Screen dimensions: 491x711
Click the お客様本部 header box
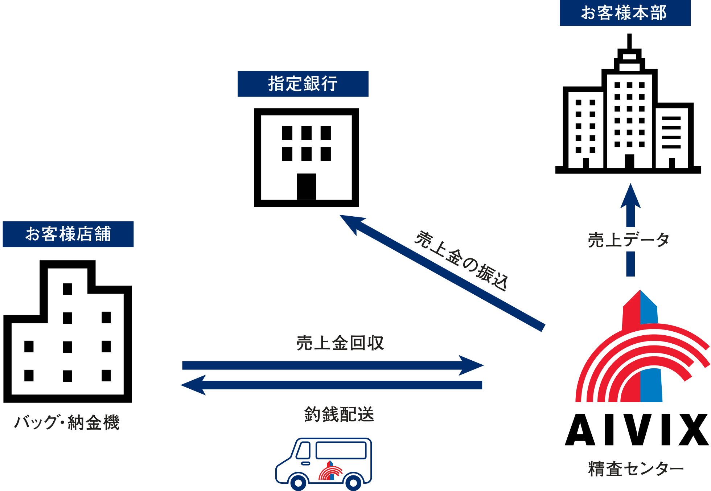pos(625,13)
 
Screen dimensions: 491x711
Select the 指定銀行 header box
pos(303,84)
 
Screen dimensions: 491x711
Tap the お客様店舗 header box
pos(68,234)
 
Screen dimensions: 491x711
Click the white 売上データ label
pos(629,240)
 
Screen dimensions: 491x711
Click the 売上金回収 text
pos(340,343)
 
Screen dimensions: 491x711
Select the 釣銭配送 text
pos(339,414)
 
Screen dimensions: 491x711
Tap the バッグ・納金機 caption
pos(67,422)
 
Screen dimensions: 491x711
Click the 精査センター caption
pos(636,469)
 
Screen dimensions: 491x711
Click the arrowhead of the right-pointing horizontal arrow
pos(472,365)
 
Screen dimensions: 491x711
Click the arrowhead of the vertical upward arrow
pos(630,196)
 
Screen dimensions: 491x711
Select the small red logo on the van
pos(330,471)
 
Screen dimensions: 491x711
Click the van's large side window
pos(341,450)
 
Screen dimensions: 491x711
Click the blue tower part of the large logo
pos(651,385)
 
